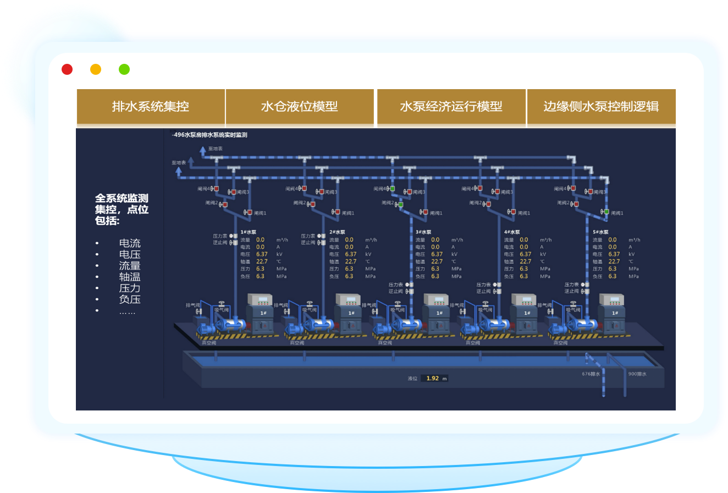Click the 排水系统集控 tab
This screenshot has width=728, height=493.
[150, 107]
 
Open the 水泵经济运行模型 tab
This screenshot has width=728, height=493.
[451, 107]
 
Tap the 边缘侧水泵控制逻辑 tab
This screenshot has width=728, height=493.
[601, 107]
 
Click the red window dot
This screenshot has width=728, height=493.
[67, 69]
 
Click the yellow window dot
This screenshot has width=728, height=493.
[96, 69]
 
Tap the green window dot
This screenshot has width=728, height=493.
[124, 69]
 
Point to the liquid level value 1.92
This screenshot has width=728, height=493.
[433, 379]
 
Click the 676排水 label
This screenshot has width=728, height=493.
[591, 374]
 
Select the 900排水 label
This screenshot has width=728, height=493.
[637, 374]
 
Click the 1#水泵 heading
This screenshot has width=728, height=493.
[249, 232]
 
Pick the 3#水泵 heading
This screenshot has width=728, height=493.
[423, 232]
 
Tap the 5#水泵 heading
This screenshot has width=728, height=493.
[601, 232]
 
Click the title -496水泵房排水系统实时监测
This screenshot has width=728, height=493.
[209, 135]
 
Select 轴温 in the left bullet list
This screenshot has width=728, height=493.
[130, 277]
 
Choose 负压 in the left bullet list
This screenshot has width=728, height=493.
[130, 299]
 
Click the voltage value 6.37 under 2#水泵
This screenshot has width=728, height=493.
[350, 254]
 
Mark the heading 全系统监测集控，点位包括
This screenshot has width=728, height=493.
[122, 210]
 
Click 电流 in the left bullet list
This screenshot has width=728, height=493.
[130, 243]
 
